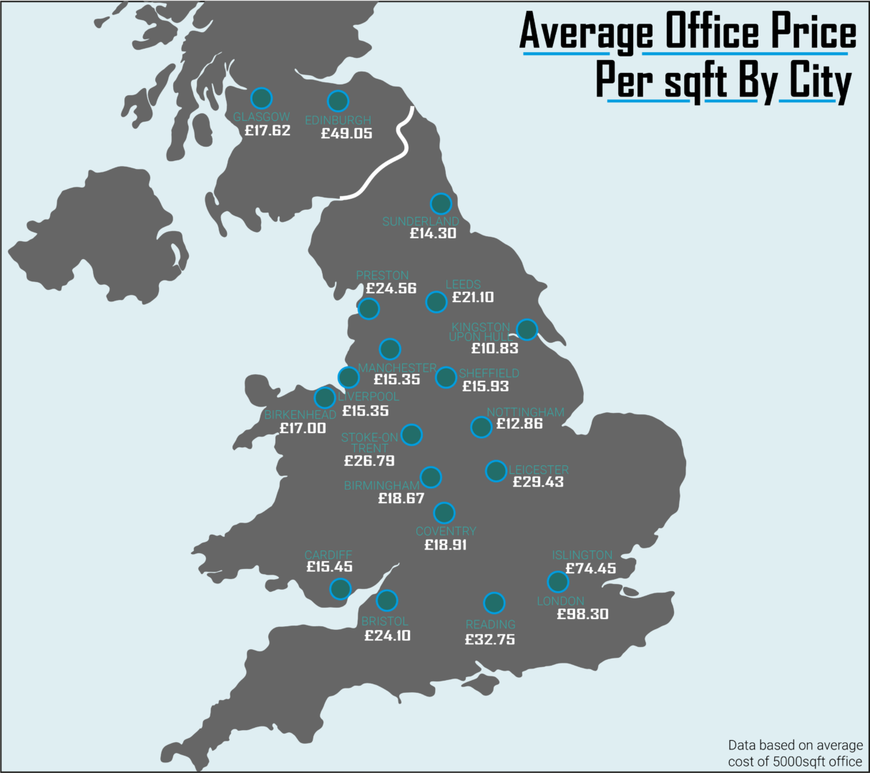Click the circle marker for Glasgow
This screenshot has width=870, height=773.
pyautogui.click(x=262, y=98)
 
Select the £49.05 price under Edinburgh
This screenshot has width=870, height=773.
pyautogui.click(x=346, y=134)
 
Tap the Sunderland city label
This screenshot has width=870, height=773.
pyautogui.click(x=420, y=221)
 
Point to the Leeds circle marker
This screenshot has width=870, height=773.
pyautogui.click(x=436, y=302)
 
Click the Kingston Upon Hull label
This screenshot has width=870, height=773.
pyautogui.click(x=481, y=331)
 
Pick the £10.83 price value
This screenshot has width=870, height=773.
pyautogui.click(x=494, y=349)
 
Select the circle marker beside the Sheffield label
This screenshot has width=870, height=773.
pyautogui.click(x=446, y=377)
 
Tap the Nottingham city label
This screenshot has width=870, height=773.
pyautogui.click(x=525, y=412)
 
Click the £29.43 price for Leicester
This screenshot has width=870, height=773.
pyautogui.click(x=538, y=482)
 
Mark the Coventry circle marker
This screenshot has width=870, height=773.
pyautogui.click(x=444, y=512)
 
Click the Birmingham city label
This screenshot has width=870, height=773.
pyautogui.click(x=381, y=485)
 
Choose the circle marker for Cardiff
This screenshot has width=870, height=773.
pyautogui.click(x=341, y=589)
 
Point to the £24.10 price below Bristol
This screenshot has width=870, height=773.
pyautogui.click(x=387, y=636)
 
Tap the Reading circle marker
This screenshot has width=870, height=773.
pyautogui.click(x=494, y=603)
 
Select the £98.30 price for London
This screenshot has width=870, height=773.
pyautogui.click(x=582, y=615)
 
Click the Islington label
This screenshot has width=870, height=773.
pyautogui.click(x=582, y=555)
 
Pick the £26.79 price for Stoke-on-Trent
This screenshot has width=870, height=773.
pyautogui.click(x=369, y=461)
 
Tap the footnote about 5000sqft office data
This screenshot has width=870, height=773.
pyautogui.click(x=795, y=753)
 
